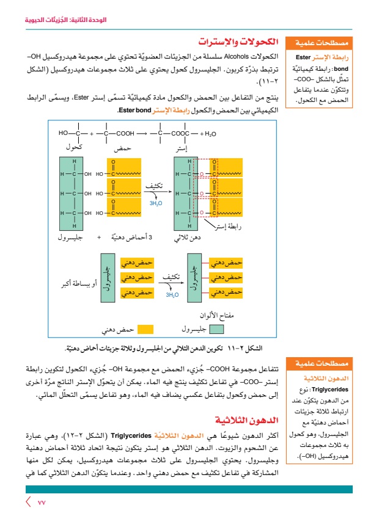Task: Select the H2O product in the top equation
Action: [208, 133]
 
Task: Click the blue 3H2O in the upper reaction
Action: [155, 203]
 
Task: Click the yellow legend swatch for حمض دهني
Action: [144, 330]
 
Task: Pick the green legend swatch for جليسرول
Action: [218, 330]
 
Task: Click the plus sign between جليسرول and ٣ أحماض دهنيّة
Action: [98, 238]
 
